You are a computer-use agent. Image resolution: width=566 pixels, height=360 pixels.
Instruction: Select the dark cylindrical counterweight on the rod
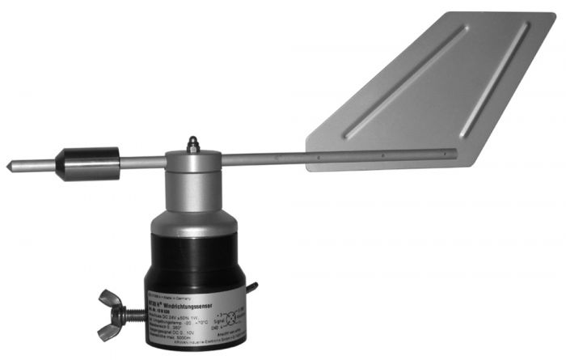point(91,163)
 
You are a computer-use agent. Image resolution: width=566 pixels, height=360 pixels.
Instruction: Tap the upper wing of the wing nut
point(109,298)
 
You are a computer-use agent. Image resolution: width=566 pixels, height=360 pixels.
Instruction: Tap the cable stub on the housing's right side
point(252,287)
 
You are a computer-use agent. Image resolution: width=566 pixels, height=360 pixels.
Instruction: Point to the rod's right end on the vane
point(454,153)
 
